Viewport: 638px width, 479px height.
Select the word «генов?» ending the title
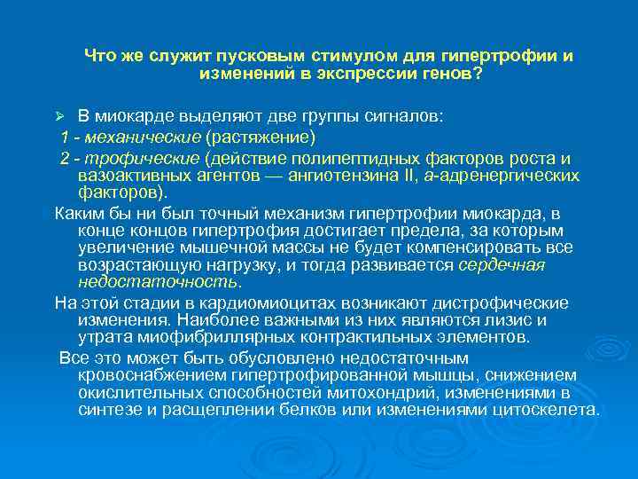coord(451,75)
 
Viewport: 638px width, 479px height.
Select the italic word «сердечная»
coord(502,265)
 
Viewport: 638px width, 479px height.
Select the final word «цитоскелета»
coord(550,410)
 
